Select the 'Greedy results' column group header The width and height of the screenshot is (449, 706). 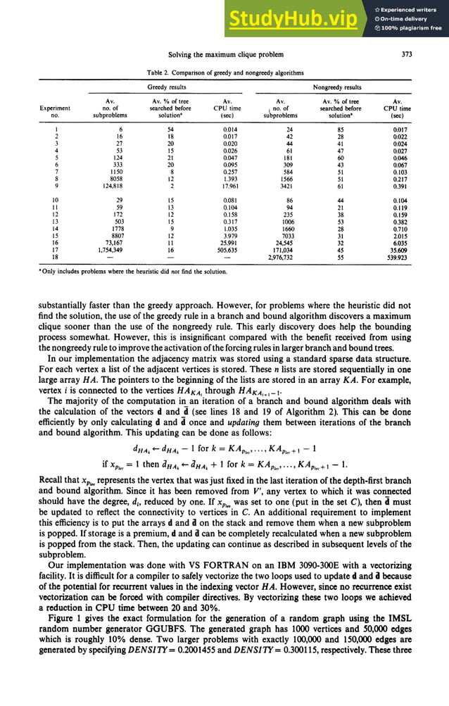[x=166, y=88]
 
